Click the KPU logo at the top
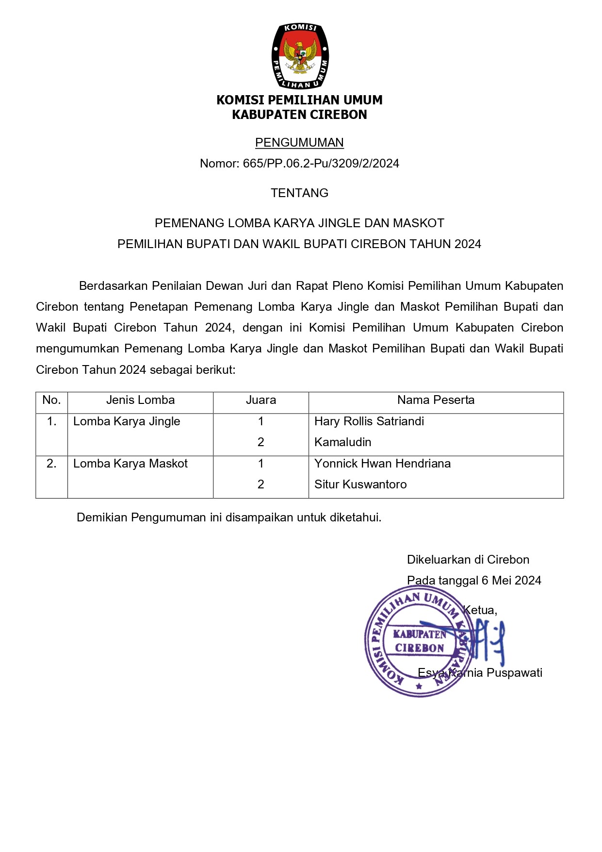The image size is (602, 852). [300, 56]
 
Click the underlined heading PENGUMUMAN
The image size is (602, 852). [299, 143]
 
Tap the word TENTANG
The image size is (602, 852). [299, 193]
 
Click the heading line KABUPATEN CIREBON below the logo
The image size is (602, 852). [299, 115]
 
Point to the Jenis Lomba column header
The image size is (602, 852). [140, 400]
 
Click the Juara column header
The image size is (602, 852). [260, 400]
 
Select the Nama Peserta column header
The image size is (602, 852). [436, 400]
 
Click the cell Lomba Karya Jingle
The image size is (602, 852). [127, 421]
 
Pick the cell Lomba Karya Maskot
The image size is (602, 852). [130, 464]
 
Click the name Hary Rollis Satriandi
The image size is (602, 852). [369, 421]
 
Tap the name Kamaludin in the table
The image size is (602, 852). [342, 442]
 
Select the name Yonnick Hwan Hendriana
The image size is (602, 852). [382, 464]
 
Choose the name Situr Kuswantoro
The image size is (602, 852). [360, 484]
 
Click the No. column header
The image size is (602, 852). [51, 400]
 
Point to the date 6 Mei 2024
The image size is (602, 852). [511, 581]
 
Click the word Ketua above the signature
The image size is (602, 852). [480, 610]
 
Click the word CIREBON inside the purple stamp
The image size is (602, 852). [420, 649]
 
